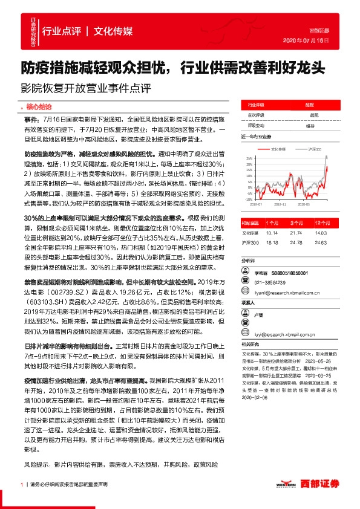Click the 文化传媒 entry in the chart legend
click(x=279, y=148)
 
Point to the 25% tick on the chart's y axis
click(x=248, y=158)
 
